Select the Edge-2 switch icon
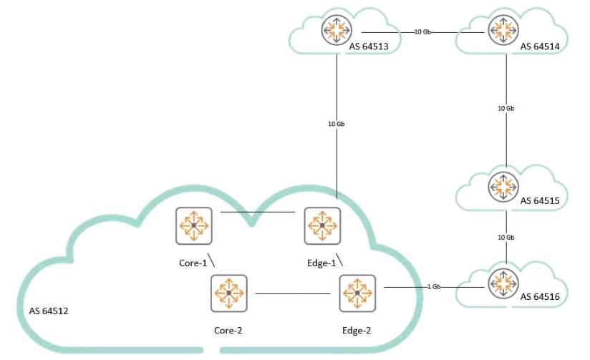(356, 293)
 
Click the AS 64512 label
(49, 312)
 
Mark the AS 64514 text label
(539, 47)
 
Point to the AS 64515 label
(539, 203)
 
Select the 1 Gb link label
(433, 287)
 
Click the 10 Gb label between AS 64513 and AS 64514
(422, 32)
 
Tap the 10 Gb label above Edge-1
(337, 124)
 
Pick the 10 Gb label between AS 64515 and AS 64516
(506, 237)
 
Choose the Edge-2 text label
(356, 331)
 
